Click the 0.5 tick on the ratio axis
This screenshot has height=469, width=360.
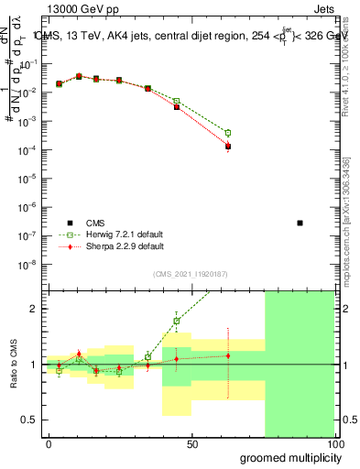[32, 420]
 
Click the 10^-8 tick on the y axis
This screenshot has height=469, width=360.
[31, 265]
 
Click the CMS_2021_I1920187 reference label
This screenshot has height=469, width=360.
[191, 273]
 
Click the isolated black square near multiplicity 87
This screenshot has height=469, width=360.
[300, 223]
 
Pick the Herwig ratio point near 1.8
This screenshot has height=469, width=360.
[176, 321]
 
